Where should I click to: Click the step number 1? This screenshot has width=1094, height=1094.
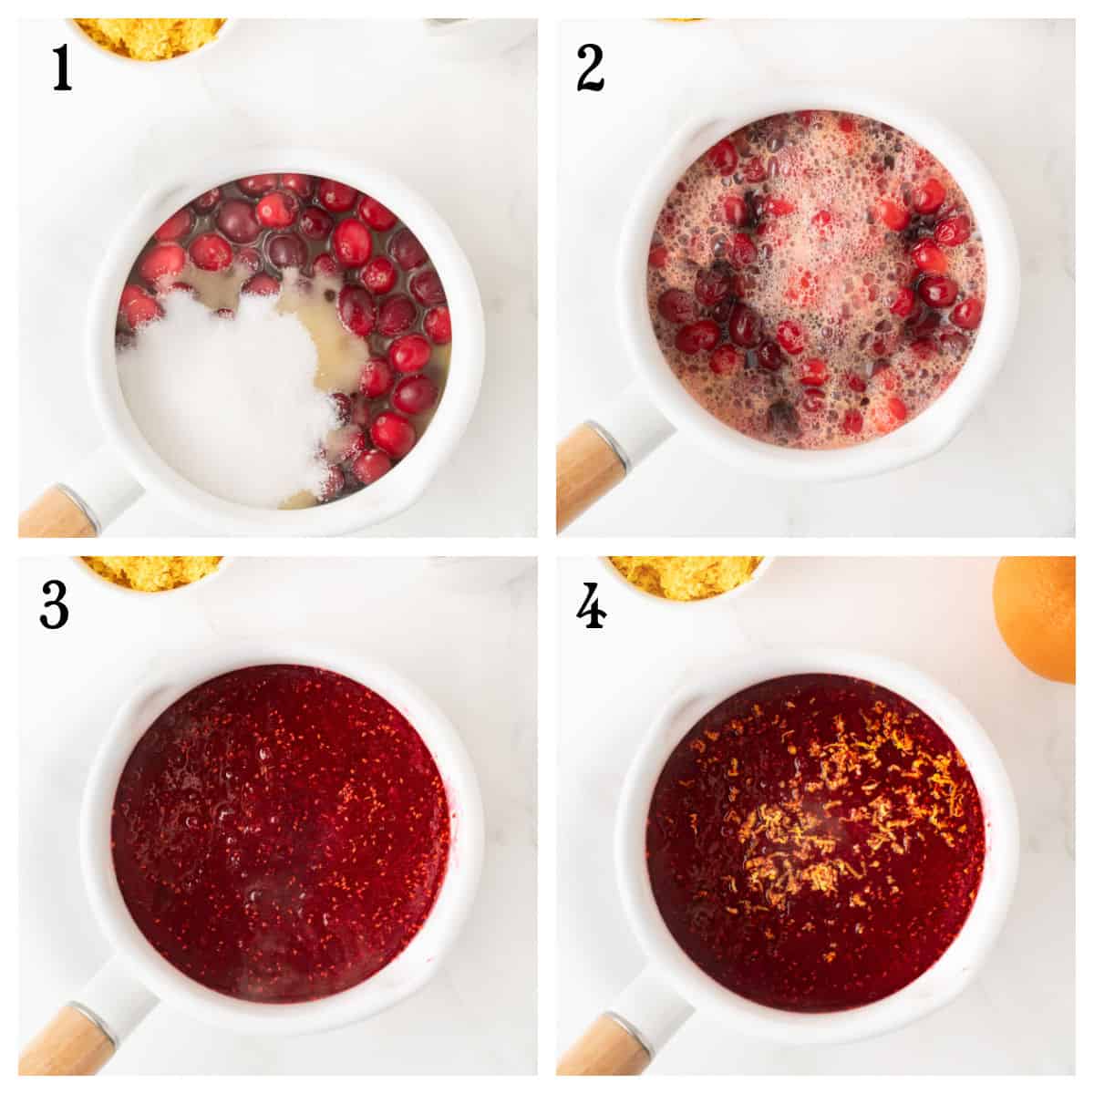tap(62, 68)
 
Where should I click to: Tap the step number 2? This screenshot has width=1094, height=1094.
tap(590, 69)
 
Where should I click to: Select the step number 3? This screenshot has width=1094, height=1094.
tap(55, 606)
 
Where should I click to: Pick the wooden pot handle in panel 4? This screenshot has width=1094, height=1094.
tap(593, 1048)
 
